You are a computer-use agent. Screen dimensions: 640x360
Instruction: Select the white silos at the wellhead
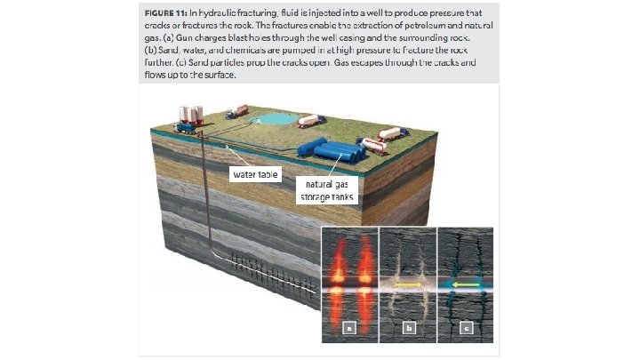click(x=190, y=113)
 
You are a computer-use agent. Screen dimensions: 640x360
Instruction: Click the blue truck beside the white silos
click(x=186, y=126)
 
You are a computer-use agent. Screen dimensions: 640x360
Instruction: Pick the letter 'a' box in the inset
click(x=349, y=328)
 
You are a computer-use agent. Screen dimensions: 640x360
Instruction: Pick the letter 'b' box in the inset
click(x=408, y=328)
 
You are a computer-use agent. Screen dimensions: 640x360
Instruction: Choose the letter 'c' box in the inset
click(x=467, y=328)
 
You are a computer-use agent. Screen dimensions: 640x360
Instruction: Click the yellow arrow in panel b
click(x=408, y=286)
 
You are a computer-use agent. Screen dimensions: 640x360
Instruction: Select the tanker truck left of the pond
click(x=236, y=112)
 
